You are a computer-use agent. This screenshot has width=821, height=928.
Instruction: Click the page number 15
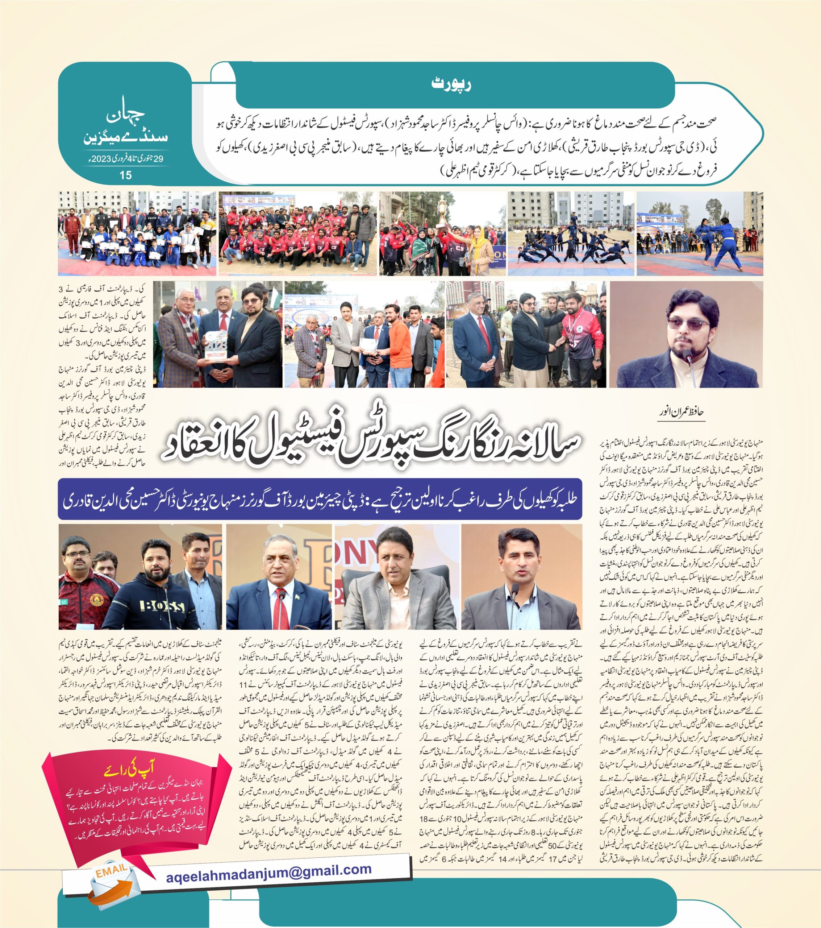tap(126, 175)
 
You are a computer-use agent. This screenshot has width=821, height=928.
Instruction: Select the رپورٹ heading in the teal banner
tap(451, 85)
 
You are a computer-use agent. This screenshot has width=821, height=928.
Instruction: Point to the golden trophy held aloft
tap(442, 208)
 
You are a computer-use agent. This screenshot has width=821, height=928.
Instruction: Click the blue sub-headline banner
tap(320, 498)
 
